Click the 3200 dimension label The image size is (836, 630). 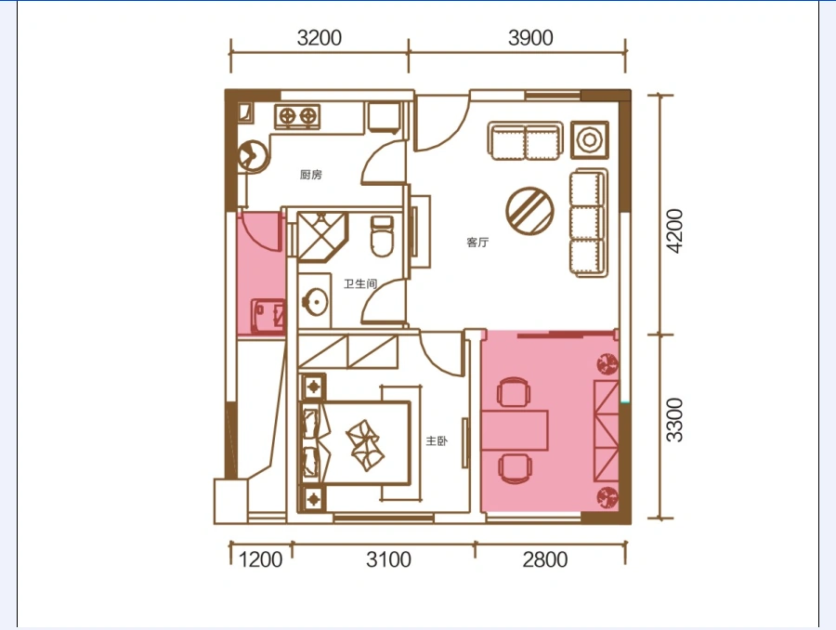pos(320,38)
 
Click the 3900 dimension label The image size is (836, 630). pos(530,38)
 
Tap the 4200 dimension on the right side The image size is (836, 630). pos(674,231)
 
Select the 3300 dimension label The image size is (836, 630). pos(674,420)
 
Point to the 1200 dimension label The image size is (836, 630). pos(260,559)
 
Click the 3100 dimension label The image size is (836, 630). pos(388,559)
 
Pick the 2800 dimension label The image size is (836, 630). pos(545,559)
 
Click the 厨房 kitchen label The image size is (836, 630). pos(311,175)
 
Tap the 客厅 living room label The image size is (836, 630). pos(477,243)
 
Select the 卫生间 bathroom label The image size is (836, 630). pos(360,283)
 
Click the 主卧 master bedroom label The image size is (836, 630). pos(437,440)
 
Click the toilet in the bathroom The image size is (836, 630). pos(382,236)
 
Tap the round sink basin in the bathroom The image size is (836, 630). pos(315,303)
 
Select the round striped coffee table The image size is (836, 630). pos(529,211)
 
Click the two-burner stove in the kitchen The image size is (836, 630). pos(297,116)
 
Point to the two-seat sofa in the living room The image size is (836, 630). pos(525,141)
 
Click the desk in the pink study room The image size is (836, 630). pos(515,430)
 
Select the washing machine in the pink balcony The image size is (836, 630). pos(268,316)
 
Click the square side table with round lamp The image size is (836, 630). pos(589,140)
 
